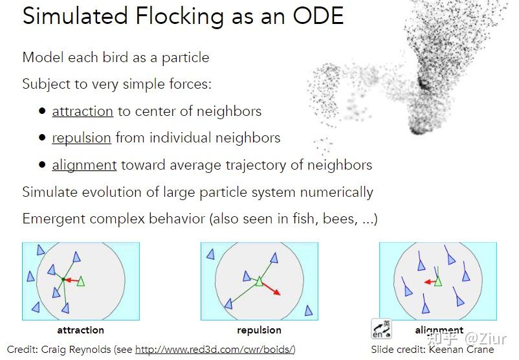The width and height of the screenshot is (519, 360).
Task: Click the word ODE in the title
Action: click(x=318, y=16)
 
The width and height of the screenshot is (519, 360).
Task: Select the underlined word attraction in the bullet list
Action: click(x=83, y=111)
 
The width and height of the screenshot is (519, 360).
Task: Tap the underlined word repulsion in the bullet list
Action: click(x=82, y=139)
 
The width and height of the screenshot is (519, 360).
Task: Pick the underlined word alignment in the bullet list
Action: click(x=84, y=165)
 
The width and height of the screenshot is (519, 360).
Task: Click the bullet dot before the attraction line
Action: click(x=42, y=111)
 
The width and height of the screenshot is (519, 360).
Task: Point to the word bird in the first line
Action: click(x=115, y=57)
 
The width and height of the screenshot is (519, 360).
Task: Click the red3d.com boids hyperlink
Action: click(x=214, y=350)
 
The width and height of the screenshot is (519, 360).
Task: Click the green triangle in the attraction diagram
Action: click(x=80, y=282)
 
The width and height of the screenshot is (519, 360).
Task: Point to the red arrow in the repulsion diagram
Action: click(x=272, y=288)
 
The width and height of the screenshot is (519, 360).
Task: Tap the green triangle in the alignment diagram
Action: click(x=438, y=281)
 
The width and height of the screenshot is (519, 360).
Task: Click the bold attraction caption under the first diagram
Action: click(x=80, y=330)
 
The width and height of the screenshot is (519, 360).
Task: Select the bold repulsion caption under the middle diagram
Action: click(x=259, y=330)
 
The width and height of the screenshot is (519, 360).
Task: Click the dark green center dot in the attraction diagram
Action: click(x=63, y=280)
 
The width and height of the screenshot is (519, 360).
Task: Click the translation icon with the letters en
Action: click(x=381, y=328)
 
